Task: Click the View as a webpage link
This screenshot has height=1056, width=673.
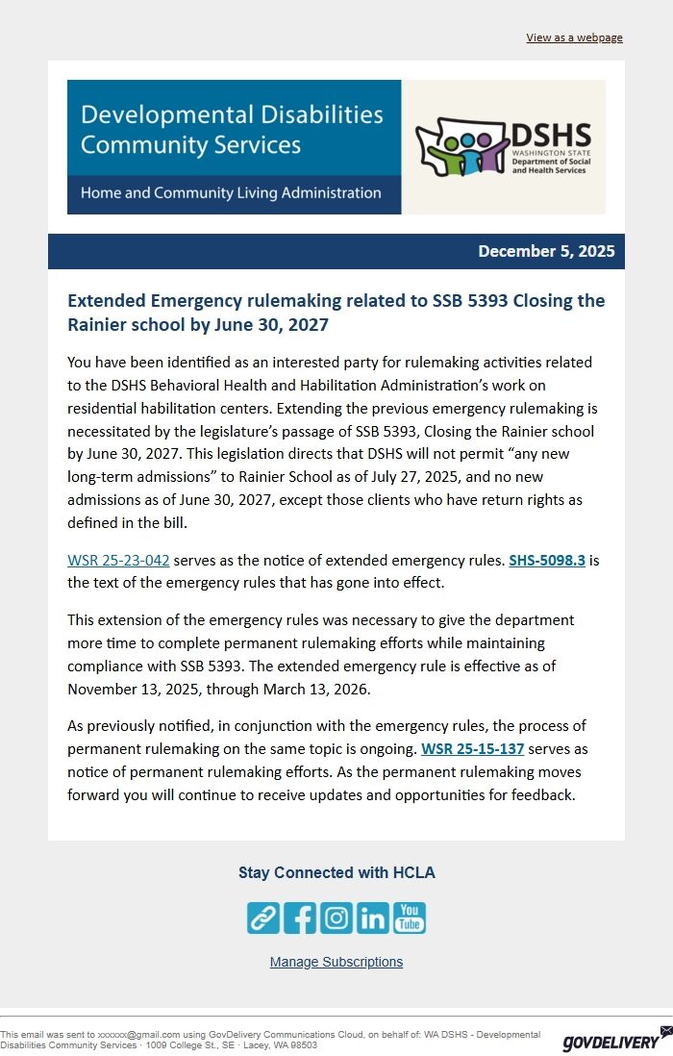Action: tap(574, 38)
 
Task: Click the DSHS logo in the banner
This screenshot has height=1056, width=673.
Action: tap(503, 146)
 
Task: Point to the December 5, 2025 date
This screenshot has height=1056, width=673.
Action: tap(546, 252)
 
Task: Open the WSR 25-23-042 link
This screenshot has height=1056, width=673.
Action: tap(118, 560)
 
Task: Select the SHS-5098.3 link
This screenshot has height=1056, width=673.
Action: tap(546, 560)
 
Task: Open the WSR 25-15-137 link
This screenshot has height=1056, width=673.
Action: tap(472, 748)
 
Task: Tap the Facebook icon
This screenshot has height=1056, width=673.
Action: tap(300, 918)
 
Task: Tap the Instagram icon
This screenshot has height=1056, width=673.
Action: tap(336, 918)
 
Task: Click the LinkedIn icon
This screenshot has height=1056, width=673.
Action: tap(373, 918)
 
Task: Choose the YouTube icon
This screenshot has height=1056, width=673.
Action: tap(410, 918)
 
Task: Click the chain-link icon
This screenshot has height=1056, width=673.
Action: tap(263, 918)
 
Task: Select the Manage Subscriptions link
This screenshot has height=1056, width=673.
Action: tap(336, 962)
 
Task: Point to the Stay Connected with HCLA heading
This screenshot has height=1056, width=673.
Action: tap(336, 873)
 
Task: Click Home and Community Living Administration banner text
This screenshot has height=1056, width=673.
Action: tap(231, 193)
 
